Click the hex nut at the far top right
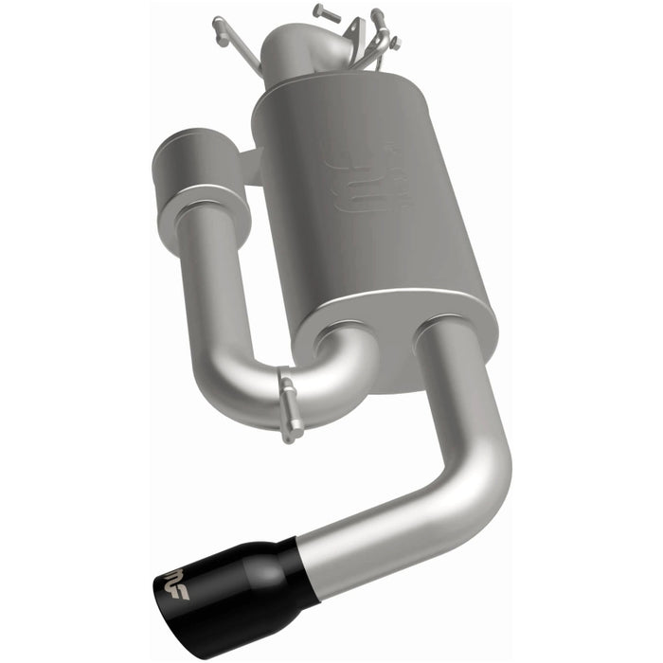395,44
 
